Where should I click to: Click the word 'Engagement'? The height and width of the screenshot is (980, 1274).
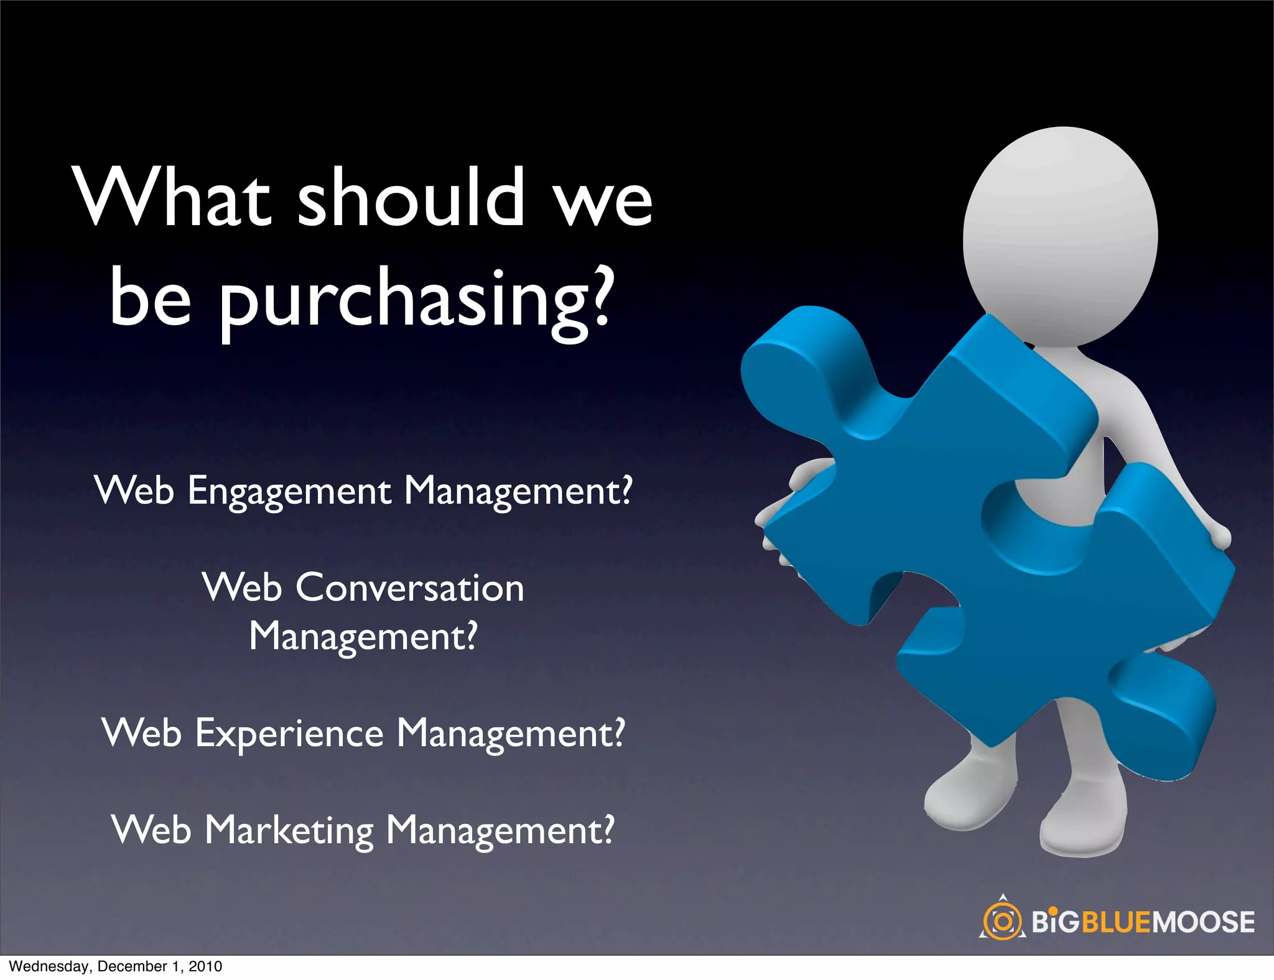click(289, 491)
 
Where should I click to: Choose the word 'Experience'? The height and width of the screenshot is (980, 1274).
click(289, 734)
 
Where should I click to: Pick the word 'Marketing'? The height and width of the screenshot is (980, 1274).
click(289, 831)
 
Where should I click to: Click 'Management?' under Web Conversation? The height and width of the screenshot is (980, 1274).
click(363, 637)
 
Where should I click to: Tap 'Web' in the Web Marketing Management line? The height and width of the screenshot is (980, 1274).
click(151, 830)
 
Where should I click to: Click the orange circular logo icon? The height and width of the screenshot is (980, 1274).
click(1002, 921)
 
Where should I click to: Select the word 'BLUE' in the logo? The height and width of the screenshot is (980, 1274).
click(1117, 922)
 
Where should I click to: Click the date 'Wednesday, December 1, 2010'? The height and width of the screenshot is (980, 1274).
click(116, 966)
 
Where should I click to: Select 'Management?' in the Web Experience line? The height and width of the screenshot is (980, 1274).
click(510, 734)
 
